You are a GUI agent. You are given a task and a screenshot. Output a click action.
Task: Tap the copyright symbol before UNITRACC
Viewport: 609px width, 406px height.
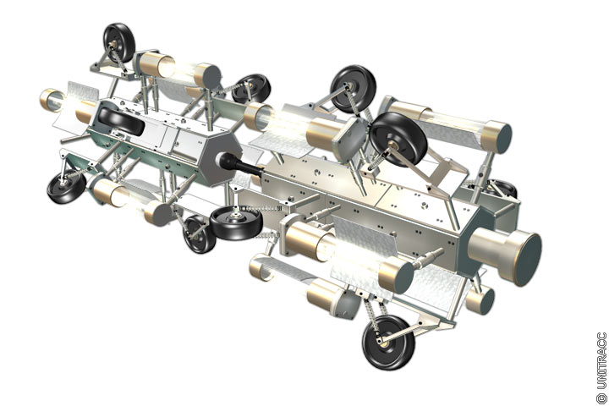click(x=601, y=398)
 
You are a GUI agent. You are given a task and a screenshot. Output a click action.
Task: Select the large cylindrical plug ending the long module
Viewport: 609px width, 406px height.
click(x=505, y=254)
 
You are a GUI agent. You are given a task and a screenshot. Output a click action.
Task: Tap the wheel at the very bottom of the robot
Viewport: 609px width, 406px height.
click(x=387, y=343)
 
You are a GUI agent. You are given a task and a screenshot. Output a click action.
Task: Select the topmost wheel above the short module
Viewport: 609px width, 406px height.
click(x=119, y=42)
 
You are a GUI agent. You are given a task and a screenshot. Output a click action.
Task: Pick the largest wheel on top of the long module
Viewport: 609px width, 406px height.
click(x=398, y=140)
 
